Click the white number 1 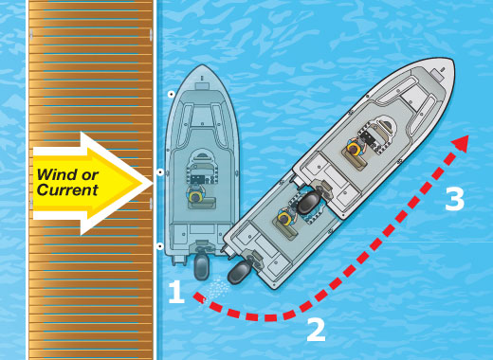(x=176, y=293)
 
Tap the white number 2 (x=316, y=330)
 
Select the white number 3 (x=454, y=199)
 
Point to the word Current (x=67, y=189)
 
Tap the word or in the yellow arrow (x=90, y=175)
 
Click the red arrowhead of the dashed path (x=461, y=143)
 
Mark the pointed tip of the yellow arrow (x=153, y=183)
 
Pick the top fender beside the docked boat (x=172, y=94)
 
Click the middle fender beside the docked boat (x=160, y=172)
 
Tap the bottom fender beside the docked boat (x=160, y=246)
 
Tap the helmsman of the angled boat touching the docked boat (x=285, y=217)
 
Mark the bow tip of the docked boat (x=202, y=65)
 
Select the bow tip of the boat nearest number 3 (x=453, y=61)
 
